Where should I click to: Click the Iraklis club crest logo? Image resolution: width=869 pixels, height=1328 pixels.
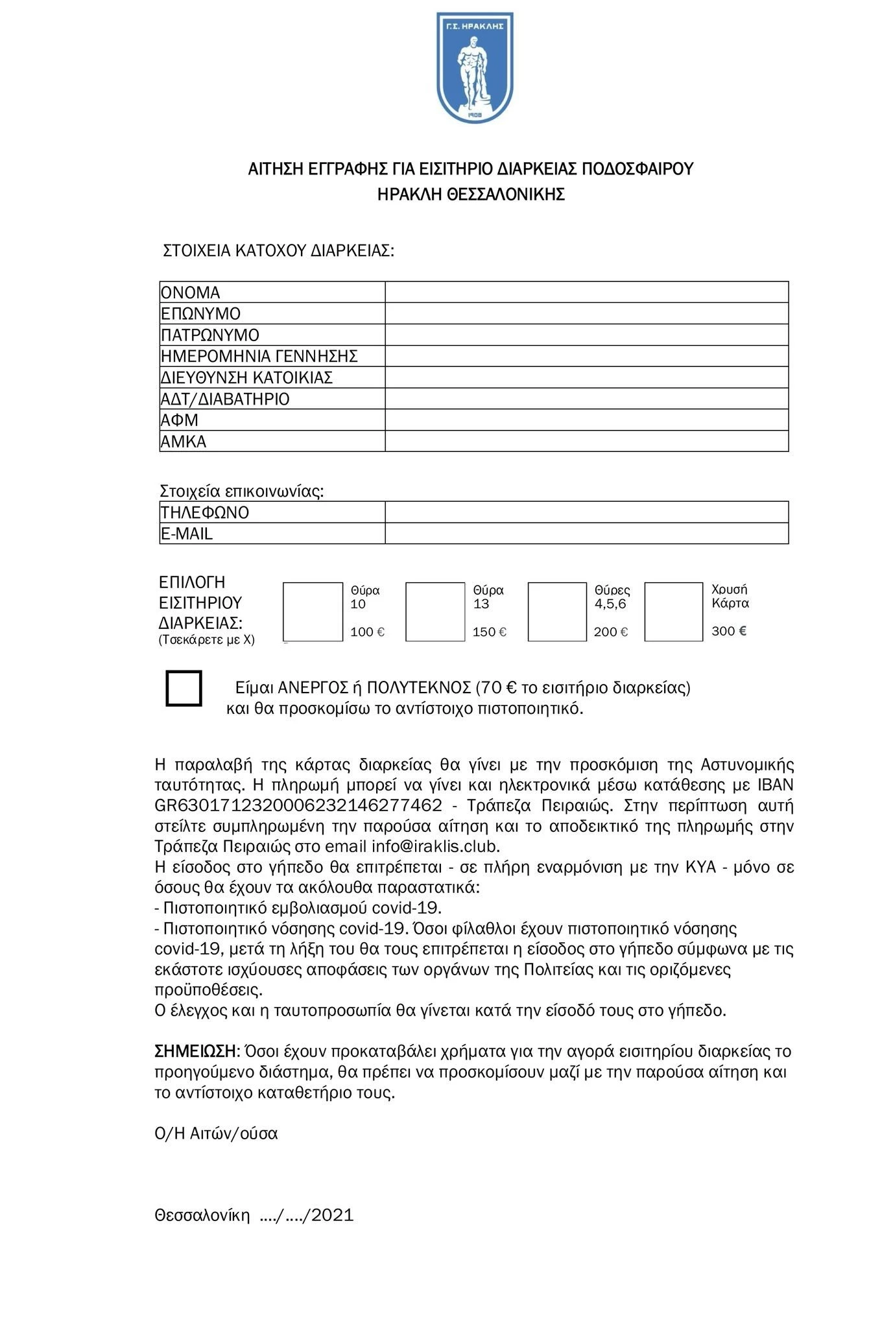(475, 67)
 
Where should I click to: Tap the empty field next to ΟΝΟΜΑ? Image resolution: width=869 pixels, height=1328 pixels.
(586, 292)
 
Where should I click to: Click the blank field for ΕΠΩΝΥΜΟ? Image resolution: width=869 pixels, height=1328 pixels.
(586, 314)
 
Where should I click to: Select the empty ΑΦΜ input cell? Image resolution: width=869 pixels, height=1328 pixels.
(586, 420)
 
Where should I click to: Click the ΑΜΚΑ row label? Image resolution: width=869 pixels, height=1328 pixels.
(184, 442)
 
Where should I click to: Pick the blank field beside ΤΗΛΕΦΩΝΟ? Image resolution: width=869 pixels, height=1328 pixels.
(586, 512)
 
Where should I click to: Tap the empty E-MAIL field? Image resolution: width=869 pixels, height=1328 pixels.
(586, 534)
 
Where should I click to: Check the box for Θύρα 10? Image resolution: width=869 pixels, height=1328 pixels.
(313, 611)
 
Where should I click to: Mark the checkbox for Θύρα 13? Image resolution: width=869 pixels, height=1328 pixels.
(435, 611)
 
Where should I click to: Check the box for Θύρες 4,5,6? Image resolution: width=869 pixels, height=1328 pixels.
(557, 611)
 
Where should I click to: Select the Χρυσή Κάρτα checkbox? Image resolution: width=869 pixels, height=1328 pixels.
(673, 611)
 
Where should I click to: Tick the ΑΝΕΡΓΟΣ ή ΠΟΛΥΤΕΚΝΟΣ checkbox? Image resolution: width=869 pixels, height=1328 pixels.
(184, 688)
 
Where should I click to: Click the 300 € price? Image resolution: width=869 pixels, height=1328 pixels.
(729, 631)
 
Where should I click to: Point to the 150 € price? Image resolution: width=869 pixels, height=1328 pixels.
(490, 632)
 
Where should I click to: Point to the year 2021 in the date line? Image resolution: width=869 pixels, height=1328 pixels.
(333, 1215)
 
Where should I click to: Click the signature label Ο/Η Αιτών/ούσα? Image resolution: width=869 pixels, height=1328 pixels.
(216, 1133)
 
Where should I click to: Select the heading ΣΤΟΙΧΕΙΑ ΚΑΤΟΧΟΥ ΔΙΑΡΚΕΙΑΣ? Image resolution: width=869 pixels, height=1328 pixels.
(278, 251)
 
